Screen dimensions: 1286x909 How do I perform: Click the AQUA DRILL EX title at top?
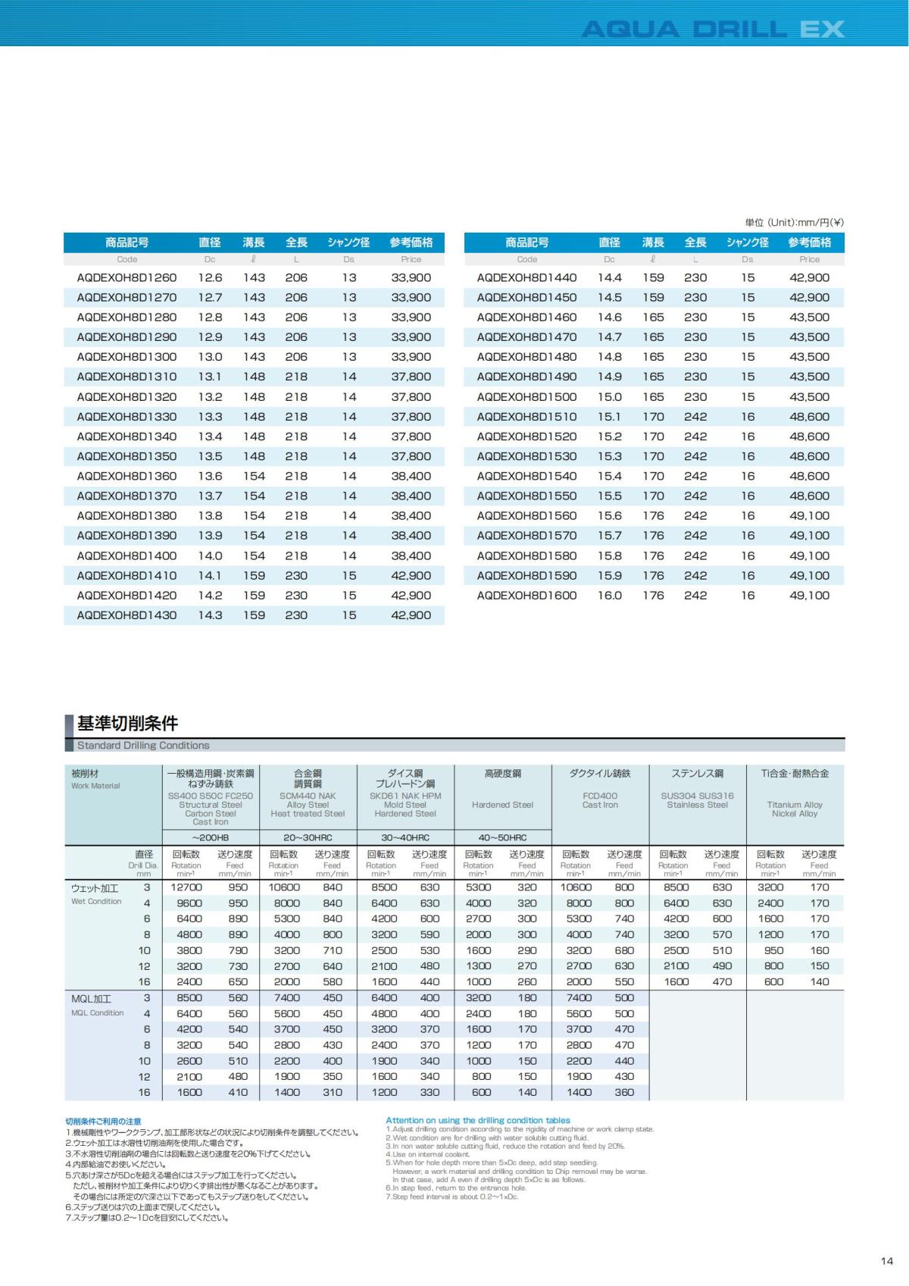(712, 30)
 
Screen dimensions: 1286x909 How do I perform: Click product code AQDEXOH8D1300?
(127, 357)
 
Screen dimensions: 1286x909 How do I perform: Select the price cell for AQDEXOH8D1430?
(411, 615)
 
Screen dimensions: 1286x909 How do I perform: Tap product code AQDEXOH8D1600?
(526, 596)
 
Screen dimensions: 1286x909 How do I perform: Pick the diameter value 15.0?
(610, 397)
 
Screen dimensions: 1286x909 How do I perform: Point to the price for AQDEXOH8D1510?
(809, 417)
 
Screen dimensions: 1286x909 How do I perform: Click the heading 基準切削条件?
(127, 723)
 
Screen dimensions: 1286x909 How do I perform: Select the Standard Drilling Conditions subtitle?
(143, 746)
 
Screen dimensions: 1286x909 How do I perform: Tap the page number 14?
(887, 1262)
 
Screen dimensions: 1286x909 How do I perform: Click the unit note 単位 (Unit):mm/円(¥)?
(795, 223)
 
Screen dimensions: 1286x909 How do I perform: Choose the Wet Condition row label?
(96, 901)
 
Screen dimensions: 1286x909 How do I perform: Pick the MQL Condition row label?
(97, 1012)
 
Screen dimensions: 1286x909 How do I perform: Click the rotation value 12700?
(186, 887)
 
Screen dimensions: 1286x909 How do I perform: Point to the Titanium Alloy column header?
(795, 805)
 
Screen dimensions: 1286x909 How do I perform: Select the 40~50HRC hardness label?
(502, 837)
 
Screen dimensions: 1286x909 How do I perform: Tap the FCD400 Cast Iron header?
(600, 800)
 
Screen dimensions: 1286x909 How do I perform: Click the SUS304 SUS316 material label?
(697, 796)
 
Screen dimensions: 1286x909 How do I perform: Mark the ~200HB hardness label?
(211, 837)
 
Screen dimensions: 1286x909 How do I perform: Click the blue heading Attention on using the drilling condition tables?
(478, 1120)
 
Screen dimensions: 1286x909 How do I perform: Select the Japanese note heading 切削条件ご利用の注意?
(103, 1122)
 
